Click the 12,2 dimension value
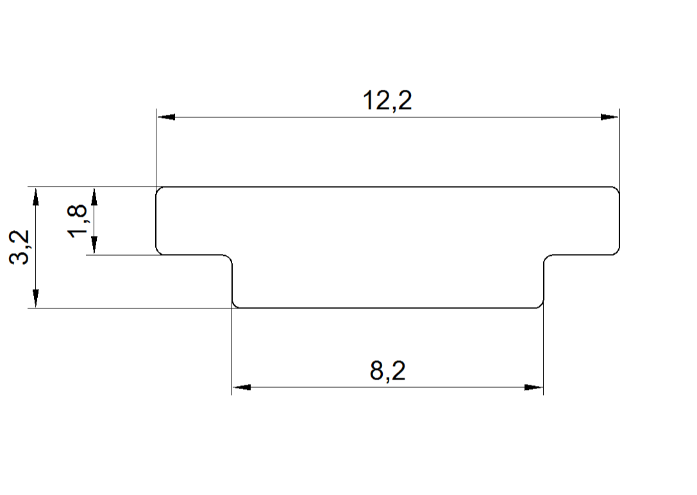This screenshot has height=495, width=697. click(x=387, y=101)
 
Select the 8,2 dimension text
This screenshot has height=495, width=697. click(x=388, y=371)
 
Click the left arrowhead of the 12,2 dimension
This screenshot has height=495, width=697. click(x=166, y=117)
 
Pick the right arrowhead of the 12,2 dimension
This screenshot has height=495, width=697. click(x=610, y=117)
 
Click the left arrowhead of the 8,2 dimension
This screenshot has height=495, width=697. click(x=240, y=387)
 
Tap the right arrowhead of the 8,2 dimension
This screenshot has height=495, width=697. click(x=533, y=387)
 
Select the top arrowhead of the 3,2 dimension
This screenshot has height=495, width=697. click(x=36, y=196)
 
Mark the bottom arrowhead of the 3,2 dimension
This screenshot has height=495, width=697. click(x=36, y=299)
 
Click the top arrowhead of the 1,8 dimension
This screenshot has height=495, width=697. click(x=94, y=196)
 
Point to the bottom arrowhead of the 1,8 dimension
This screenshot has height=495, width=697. click(x=94, y=246)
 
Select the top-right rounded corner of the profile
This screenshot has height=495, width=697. click(x=617, y=189)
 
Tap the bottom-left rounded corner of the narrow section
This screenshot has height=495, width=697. click(x=235, y=305)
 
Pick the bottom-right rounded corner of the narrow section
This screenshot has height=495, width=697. click(x=540, y=305)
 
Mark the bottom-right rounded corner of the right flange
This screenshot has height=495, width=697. click(x=617, y=252)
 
